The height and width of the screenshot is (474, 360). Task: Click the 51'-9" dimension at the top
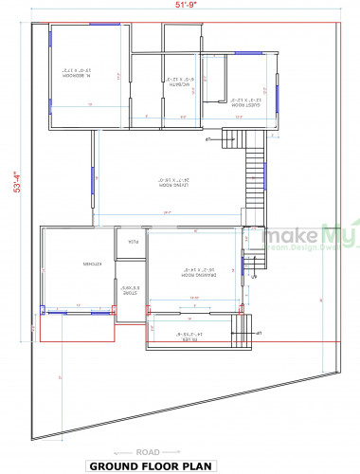(x=186, y=6)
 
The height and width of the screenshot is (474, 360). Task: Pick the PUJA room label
(x=135, y=242)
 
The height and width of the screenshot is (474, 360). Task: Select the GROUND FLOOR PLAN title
(x=180, y=466)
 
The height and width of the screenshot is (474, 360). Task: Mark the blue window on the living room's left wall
(x=92, y=180)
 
